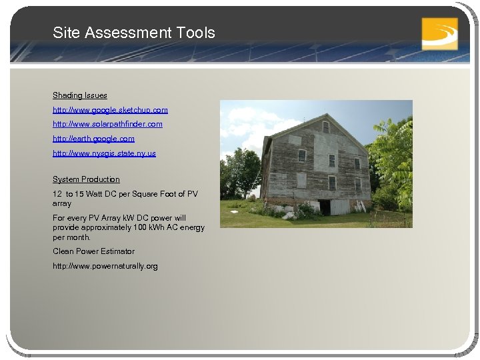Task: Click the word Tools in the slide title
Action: pos(196,33)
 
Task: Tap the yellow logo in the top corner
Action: pos(439,33)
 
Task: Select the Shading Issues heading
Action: pos(80,95)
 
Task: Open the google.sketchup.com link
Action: pos(110,109)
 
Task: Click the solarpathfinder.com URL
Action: pos(107,124)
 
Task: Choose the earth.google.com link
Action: pos(93,139)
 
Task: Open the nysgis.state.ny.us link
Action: pos(104,153)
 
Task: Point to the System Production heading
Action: pos(86,179)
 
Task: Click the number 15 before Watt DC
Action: pos(81,194)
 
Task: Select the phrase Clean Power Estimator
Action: pos(93,251)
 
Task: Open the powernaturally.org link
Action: pos(105,266)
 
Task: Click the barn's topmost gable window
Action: pos(326,126)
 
